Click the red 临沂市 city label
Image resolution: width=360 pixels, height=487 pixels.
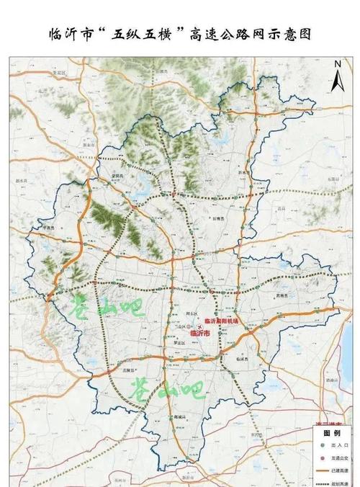coord(199,334)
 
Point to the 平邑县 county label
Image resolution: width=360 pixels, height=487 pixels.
coord(50,225)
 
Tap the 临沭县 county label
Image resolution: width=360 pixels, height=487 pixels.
coord(240,358)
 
